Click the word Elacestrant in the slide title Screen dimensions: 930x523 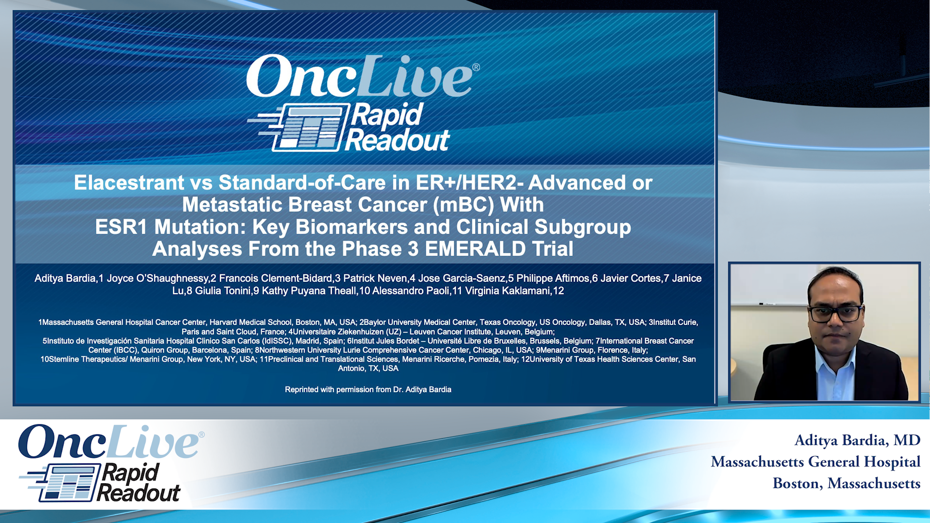[129, 183]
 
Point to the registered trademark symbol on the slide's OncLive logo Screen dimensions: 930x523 [476, 67]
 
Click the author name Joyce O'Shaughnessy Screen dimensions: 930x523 [158, 278]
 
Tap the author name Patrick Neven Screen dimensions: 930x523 [375, 278]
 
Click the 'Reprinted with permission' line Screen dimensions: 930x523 [368, 389]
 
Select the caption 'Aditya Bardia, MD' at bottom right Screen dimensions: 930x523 [857, 440]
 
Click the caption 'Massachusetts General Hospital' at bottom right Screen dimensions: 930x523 [816, 462]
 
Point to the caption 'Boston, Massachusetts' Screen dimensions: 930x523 [847, 483]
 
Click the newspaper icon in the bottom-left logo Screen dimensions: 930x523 [63, 483]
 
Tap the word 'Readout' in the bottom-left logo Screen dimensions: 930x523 [139, 493]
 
